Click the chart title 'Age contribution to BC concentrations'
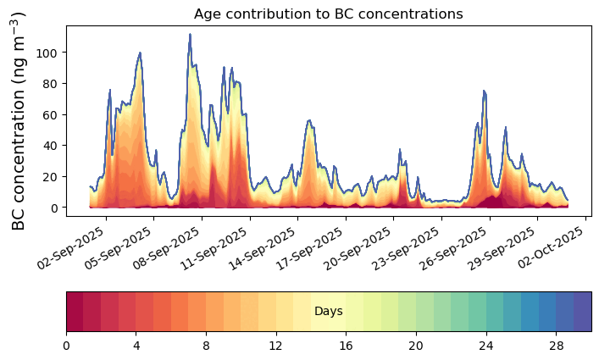[328, 14]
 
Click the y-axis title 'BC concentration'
[19, 119]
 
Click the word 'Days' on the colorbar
[328, 312]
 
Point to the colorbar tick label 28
[556, 346]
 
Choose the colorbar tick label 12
[276, 346]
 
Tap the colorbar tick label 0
[66, 346]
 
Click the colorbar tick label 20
[416, 346]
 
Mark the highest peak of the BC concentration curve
[190, 35]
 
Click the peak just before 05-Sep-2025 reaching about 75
[109, 90]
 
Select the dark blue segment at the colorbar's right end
[582, 312]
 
